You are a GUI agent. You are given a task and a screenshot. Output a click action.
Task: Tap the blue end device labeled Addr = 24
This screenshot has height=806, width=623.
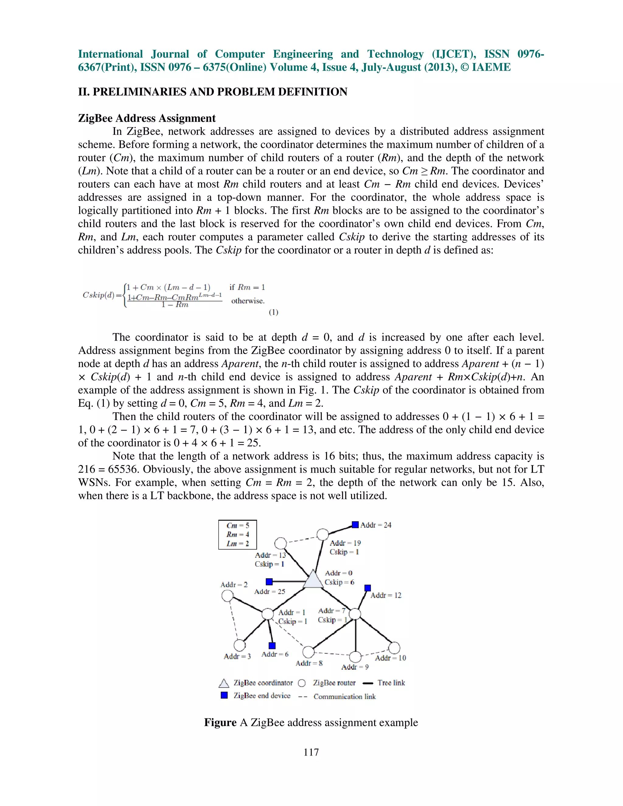click(x=355, y=524)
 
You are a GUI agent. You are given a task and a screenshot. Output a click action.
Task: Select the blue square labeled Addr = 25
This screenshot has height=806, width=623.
click(x=269, y=582)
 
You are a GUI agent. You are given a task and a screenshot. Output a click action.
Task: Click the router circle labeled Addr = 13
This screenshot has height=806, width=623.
click(x=280, y=543)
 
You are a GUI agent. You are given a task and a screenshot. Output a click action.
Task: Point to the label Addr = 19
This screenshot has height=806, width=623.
click(x=345, y=543)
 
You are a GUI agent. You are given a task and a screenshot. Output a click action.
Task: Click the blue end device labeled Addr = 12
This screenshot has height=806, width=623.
click(x=367, y=588)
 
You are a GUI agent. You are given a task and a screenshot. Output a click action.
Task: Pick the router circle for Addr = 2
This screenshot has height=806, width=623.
click(x=227, y=596)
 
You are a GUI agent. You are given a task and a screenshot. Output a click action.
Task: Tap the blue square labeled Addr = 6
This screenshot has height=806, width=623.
click(x=272, y=645)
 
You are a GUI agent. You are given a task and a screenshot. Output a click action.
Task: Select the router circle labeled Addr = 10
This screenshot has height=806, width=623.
click(x=394, y=648)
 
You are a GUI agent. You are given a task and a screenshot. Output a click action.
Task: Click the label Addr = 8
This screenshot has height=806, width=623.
click(x=309, y=663)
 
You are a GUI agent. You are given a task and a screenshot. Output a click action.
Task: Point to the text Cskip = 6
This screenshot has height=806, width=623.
click(x=339, y=582)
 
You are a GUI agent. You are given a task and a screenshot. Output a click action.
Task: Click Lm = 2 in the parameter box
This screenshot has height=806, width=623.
click(x=238, y=544)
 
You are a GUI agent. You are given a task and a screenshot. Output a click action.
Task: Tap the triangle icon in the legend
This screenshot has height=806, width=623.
click(x=224, y=683)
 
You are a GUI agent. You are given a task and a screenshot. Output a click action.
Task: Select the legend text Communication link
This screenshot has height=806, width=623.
click(x=344, y=697)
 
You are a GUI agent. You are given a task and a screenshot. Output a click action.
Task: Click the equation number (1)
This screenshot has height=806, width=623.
click(x=273, y=312)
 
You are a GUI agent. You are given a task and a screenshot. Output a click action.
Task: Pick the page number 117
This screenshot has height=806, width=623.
click(x=311, y=752)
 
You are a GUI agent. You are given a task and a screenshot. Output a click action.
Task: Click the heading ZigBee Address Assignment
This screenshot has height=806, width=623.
click(x=147, y=118)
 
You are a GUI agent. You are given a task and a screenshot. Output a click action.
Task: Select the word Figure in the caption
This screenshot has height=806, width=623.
click(x=220, y=722)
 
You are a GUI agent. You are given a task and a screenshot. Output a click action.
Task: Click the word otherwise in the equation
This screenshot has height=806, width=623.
click(x=248, y=301)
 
